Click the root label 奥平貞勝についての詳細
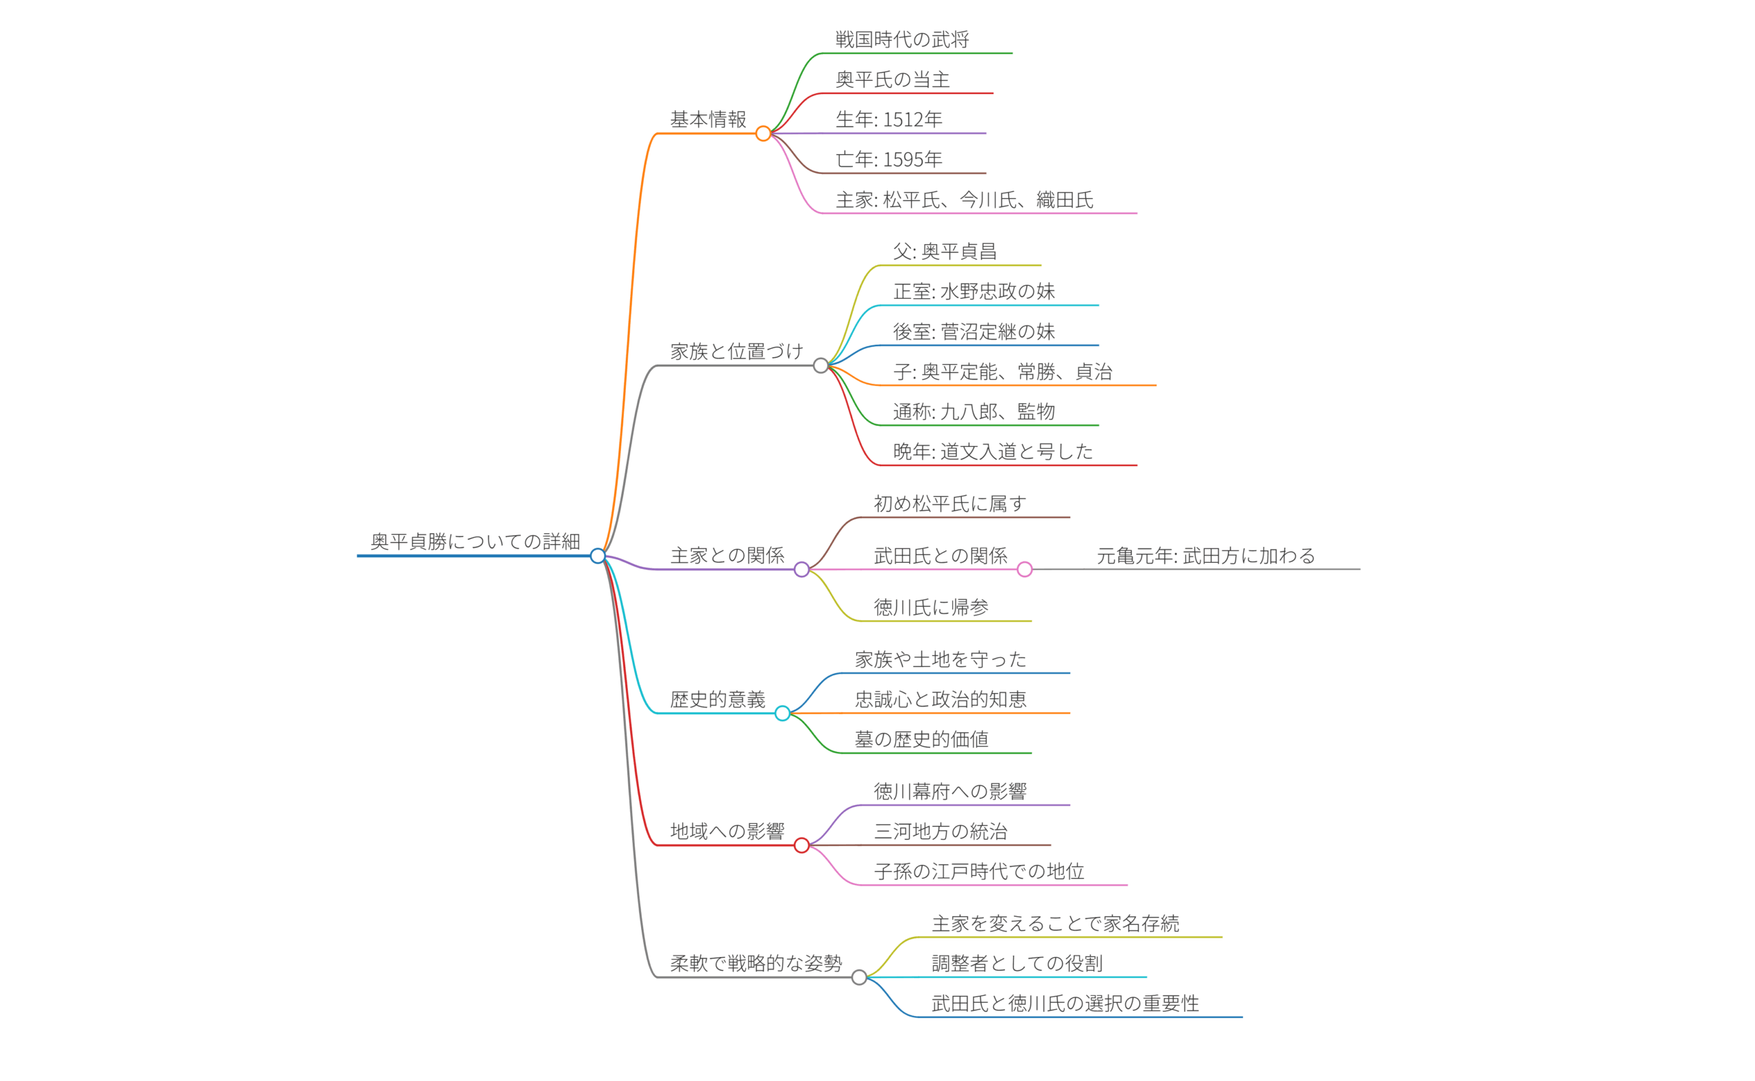point(474,542)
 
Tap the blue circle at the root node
point(598,555)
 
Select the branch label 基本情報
point(707,119)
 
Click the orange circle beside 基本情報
point(763,134)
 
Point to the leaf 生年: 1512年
point(888,119)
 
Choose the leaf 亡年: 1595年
point(888,159)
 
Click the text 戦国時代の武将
point(902,39)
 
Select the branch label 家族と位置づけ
point(736,351)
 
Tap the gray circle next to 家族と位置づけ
point(821,365)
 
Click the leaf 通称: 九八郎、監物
point(973,411)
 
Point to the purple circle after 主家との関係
point(801,569)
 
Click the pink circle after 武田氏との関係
point(1024,569)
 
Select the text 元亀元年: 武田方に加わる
point(1205,555)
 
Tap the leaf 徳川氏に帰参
point(931,607)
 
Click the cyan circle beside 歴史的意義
point(782,713)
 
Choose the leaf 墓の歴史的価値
point(921,738)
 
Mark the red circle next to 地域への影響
point(801,845)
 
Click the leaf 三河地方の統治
point(940,831)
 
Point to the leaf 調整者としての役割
point(1017,963)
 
